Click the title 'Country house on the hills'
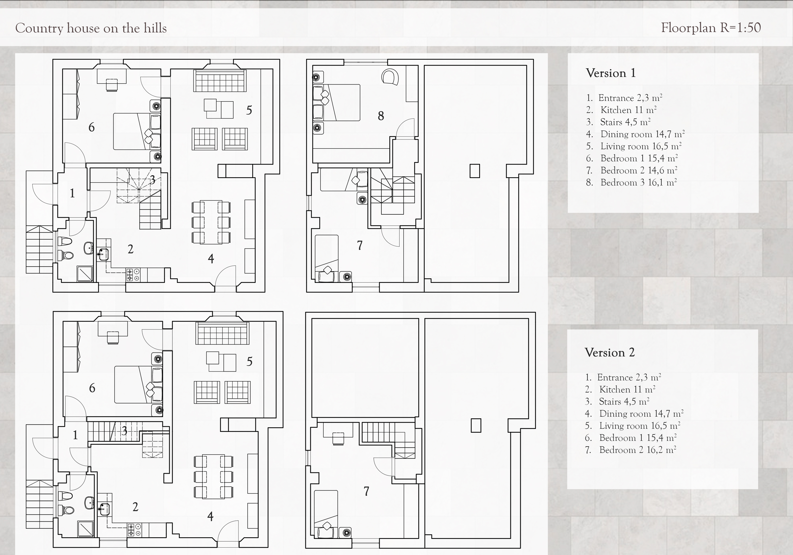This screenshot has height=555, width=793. click(x=91, y=28)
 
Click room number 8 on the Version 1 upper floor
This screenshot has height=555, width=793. click(x=381, y=116)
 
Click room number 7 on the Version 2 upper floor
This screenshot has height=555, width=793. click(x=366, y=491)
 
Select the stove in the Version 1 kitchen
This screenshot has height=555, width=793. click(x=133, y=274)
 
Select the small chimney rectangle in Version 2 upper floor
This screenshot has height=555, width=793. click(x=476, y=426)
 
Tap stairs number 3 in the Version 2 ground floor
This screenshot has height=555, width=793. click(x=124, y=431)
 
